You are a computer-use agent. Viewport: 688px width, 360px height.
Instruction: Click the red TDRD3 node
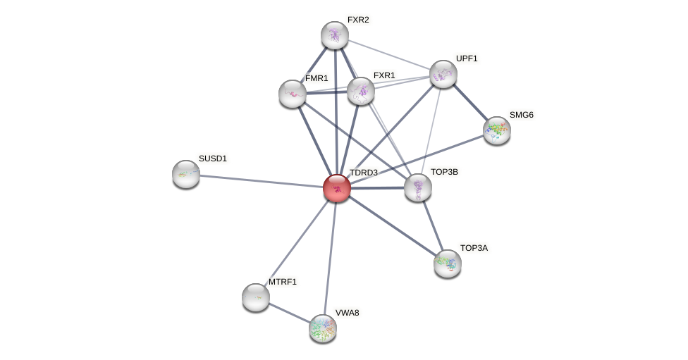(x=337, y=188)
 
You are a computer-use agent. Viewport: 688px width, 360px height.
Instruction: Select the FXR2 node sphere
(x=335, y=35)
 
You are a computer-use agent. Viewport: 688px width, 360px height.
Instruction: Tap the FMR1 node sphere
(x=293, y=94)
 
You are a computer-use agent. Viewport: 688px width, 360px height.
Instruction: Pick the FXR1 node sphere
(x=361, y=91)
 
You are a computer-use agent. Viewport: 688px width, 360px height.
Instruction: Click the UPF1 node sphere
(x=443, y=74)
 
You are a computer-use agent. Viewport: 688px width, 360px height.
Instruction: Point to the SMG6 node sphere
(x=497, y=130)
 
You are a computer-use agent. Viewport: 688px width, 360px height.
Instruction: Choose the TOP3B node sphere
(x=418, y=187)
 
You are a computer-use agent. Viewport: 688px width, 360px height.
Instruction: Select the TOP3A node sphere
(x=448, y=263)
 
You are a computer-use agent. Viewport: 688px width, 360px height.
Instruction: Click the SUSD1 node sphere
(x=186, y=174)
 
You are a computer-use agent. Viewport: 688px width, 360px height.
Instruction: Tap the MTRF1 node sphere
(x=256, y=297)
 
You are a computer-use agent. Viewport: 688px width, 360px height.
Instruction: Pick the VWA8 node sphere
(x=323, y=328)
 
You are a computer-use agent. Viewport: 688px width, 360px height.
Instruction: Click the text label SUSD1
(x=212, y=159)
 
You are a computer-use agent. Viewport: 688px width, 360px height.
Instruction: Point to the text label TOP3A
(x=474, y=248)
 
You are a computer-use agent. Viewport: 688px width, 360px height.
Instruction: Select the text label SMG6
(x=522, y=115)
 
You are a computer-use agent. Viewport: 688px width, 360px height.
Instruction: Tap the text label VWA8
(x=347, y=313)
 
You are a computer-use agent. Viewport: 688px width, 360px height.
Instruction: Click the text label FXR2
(x=358, y=20)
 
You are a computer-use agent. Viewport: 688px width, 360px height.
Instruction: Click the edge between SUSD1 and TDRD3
(x=261, y=181)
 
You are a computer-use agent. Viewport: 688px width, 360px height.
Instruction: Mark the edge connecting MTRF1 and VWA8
(x=289, y=313)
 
